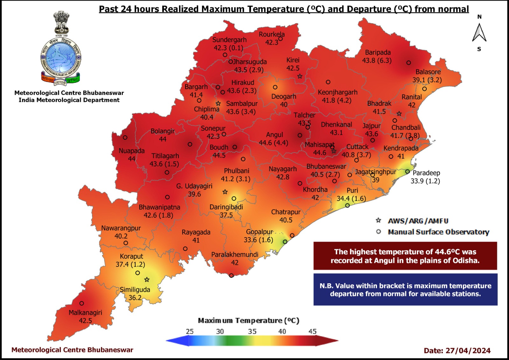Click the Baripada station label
(378, 53)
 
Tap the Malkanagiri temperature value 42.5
(85, 321)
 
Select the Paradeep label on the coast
(426, 173)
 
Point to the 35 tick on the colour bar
(252, 331)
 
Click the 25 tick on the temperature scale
(190, 331)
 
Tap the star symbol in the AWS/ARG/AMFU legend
(378, 221)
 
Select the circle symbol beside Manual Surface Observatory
(378, 232)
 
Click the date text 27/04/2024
(468, 351)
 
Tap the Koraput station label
(131, 256)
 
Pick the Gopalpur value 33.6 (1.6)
(258, 240)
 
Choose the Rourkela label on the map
(272, 34)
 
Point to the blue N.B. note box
(405, 289)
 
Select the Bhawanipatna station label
(159, 207)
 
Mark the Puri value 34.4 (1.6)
(351, 198)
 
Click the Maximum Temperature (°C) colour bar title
(248, 321)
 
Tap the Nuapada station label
(132, 151)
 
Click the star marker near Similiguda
(147, 280)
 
